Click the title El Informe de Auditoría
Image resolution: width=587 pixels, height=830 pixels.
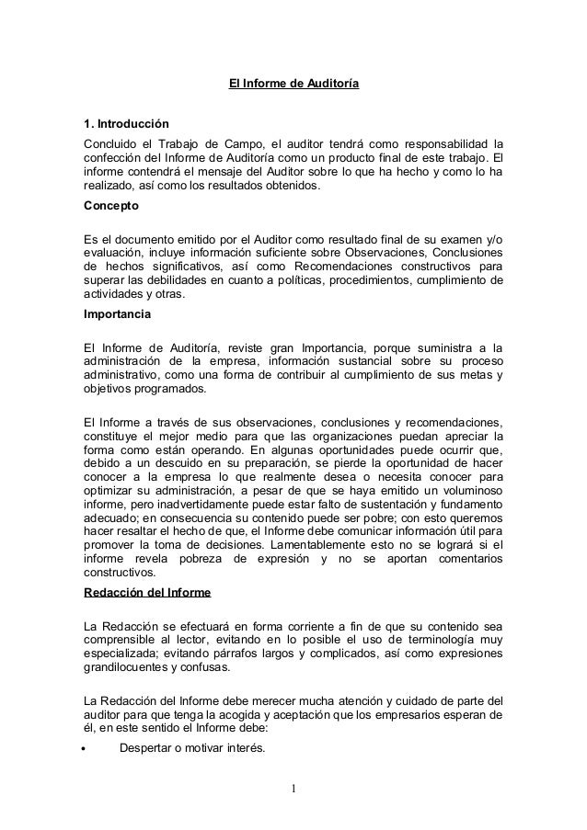293,85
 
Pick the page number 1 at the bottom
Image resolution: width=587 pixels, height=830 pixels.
293,788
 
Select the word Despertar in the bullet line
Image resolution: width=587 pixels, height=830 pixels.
151,747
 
